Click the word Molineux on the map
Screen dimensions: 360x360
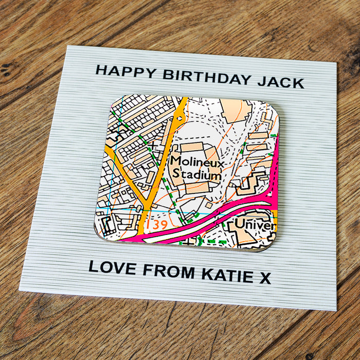click(197, 162)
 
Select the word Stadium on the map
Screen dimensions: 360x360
click(196, 175)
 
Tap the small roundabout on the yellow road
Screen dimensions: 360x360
click(179, 118)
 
